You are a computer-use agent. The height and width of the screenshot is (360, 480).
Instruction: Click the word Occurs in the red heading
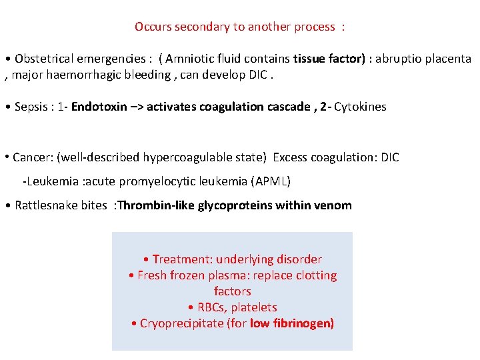[x=152, y=27]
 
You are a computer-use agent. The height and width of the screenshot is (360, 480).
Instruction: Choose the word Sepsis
[x=31, y=107]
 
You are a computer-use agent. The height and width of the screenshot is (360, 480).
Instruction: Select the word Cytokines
[x=360, y=107]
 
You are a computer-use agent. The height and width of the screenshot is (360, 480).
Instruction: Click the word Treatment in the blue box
[x=181, y=259]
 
